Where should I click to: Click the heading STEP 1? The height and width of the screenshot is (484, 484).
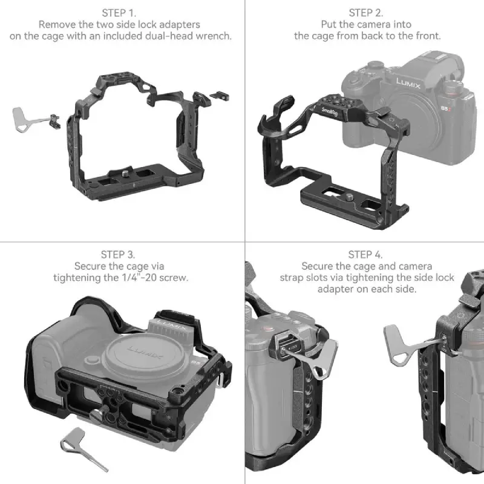[119, 12]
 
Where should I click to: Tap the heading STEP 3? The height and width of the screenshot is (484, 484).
[119, 253]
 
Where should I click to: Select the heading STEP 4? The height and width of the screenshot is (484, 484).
[366, 253]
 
